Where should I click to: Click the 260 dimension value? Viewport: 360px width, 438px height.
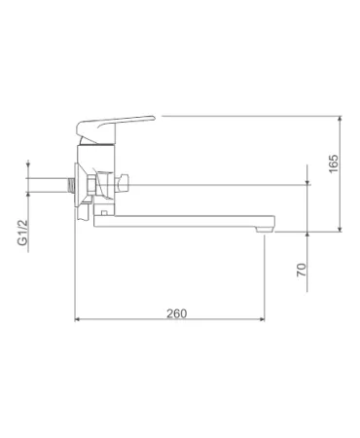click(x=177, y=313)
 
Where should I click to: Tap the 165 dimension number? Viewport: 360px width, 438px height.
click(x=333, y=164)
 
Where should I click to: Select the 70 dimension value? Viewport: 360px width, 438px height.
click(x=302, y=270)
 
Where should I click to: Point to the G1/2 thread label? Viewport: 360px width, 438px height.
click(x=22, y=233)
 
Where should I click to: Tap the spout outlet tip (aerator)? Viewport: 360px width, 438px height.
click(x=265, y=230)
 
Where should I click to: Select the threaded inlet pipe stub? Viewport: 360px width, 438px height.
click(x=70, y=185)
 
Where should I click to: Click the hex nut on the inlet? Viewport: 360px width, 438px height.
click(x=91, y=185)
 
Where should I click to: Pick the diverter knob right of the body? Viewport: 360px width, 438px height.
click(x=123, y=184)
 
